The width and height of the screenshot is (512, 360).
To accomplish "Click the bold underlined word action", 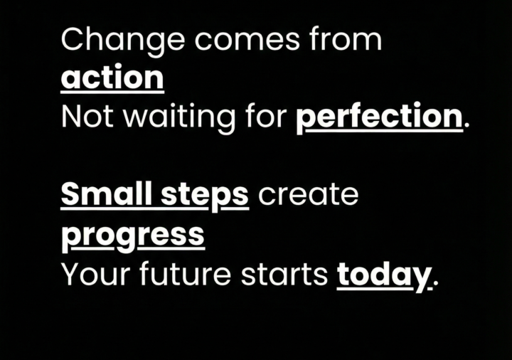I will click(x=112, y=78).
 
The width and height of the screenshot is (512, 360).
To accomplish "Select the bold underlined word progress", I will click(x=133, y=236).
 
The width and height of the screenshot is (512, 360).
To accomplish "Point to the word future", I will click(x=184, y=274).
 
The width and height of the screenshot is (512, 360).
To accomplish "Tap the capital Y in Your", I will click(x=71, y=274).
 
